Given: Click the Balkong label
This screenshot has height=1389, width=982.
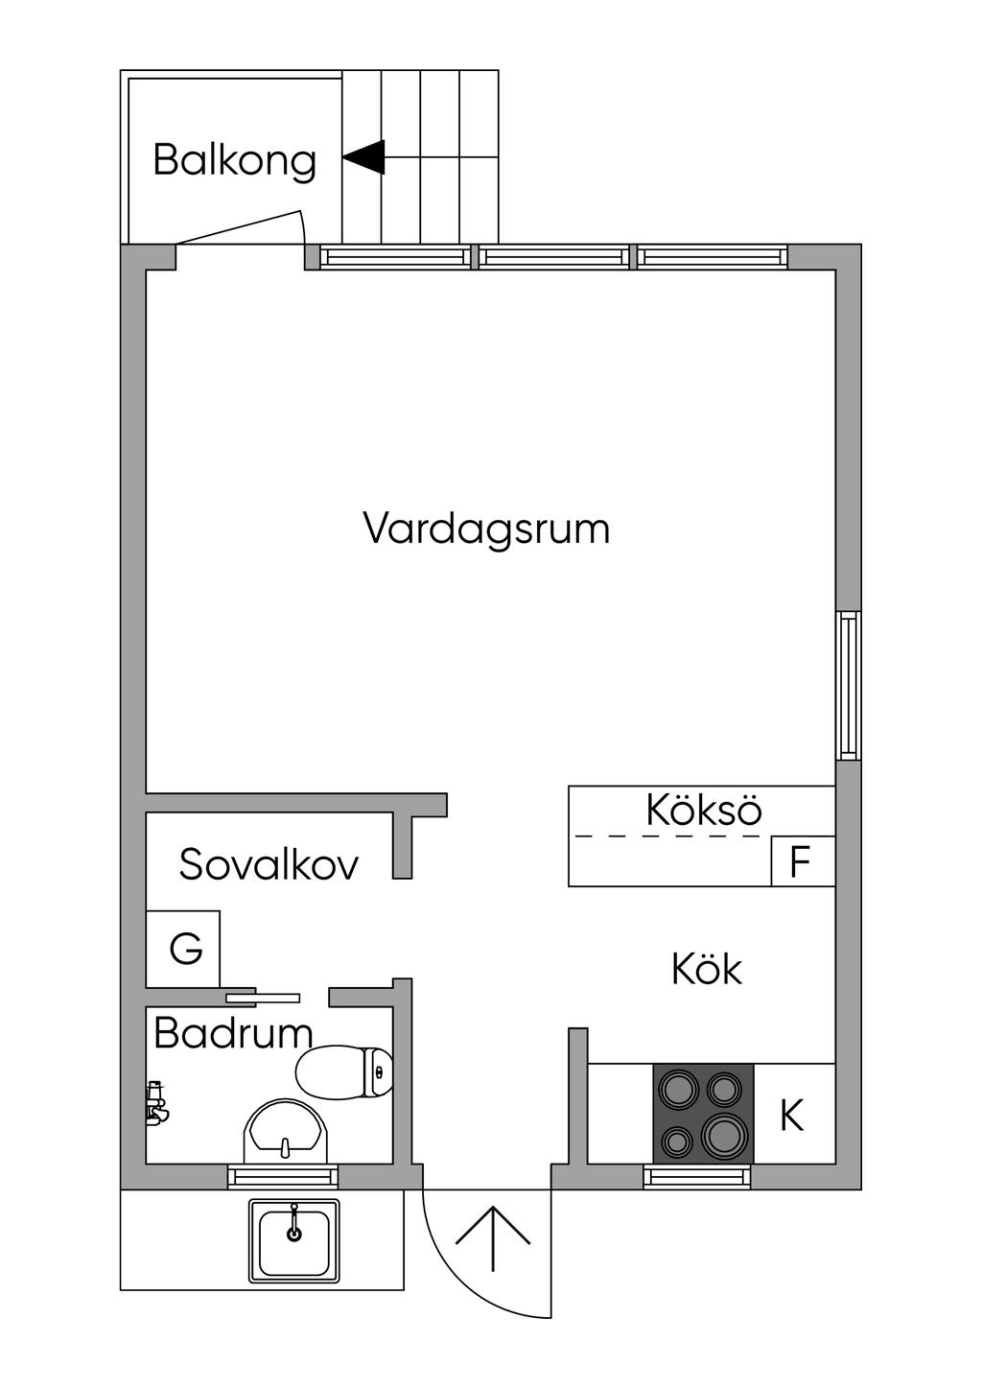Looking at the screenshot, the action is pos(234,160).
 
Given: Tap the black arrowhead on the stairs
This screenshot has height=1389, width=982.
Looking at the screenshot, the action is pos(364,156).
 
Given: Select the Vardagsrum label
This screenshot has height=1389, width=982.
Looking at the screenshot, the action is pos(486,531).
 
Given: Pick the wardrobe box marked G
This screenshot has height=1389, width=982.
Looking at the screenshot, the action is pos(183,948).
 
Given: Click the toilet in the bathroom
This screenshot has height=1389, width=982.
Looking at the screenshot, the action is pos(344,1072).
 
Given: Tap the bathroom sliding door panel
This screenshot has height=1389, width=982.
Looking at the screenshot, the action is pos(263,998).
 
